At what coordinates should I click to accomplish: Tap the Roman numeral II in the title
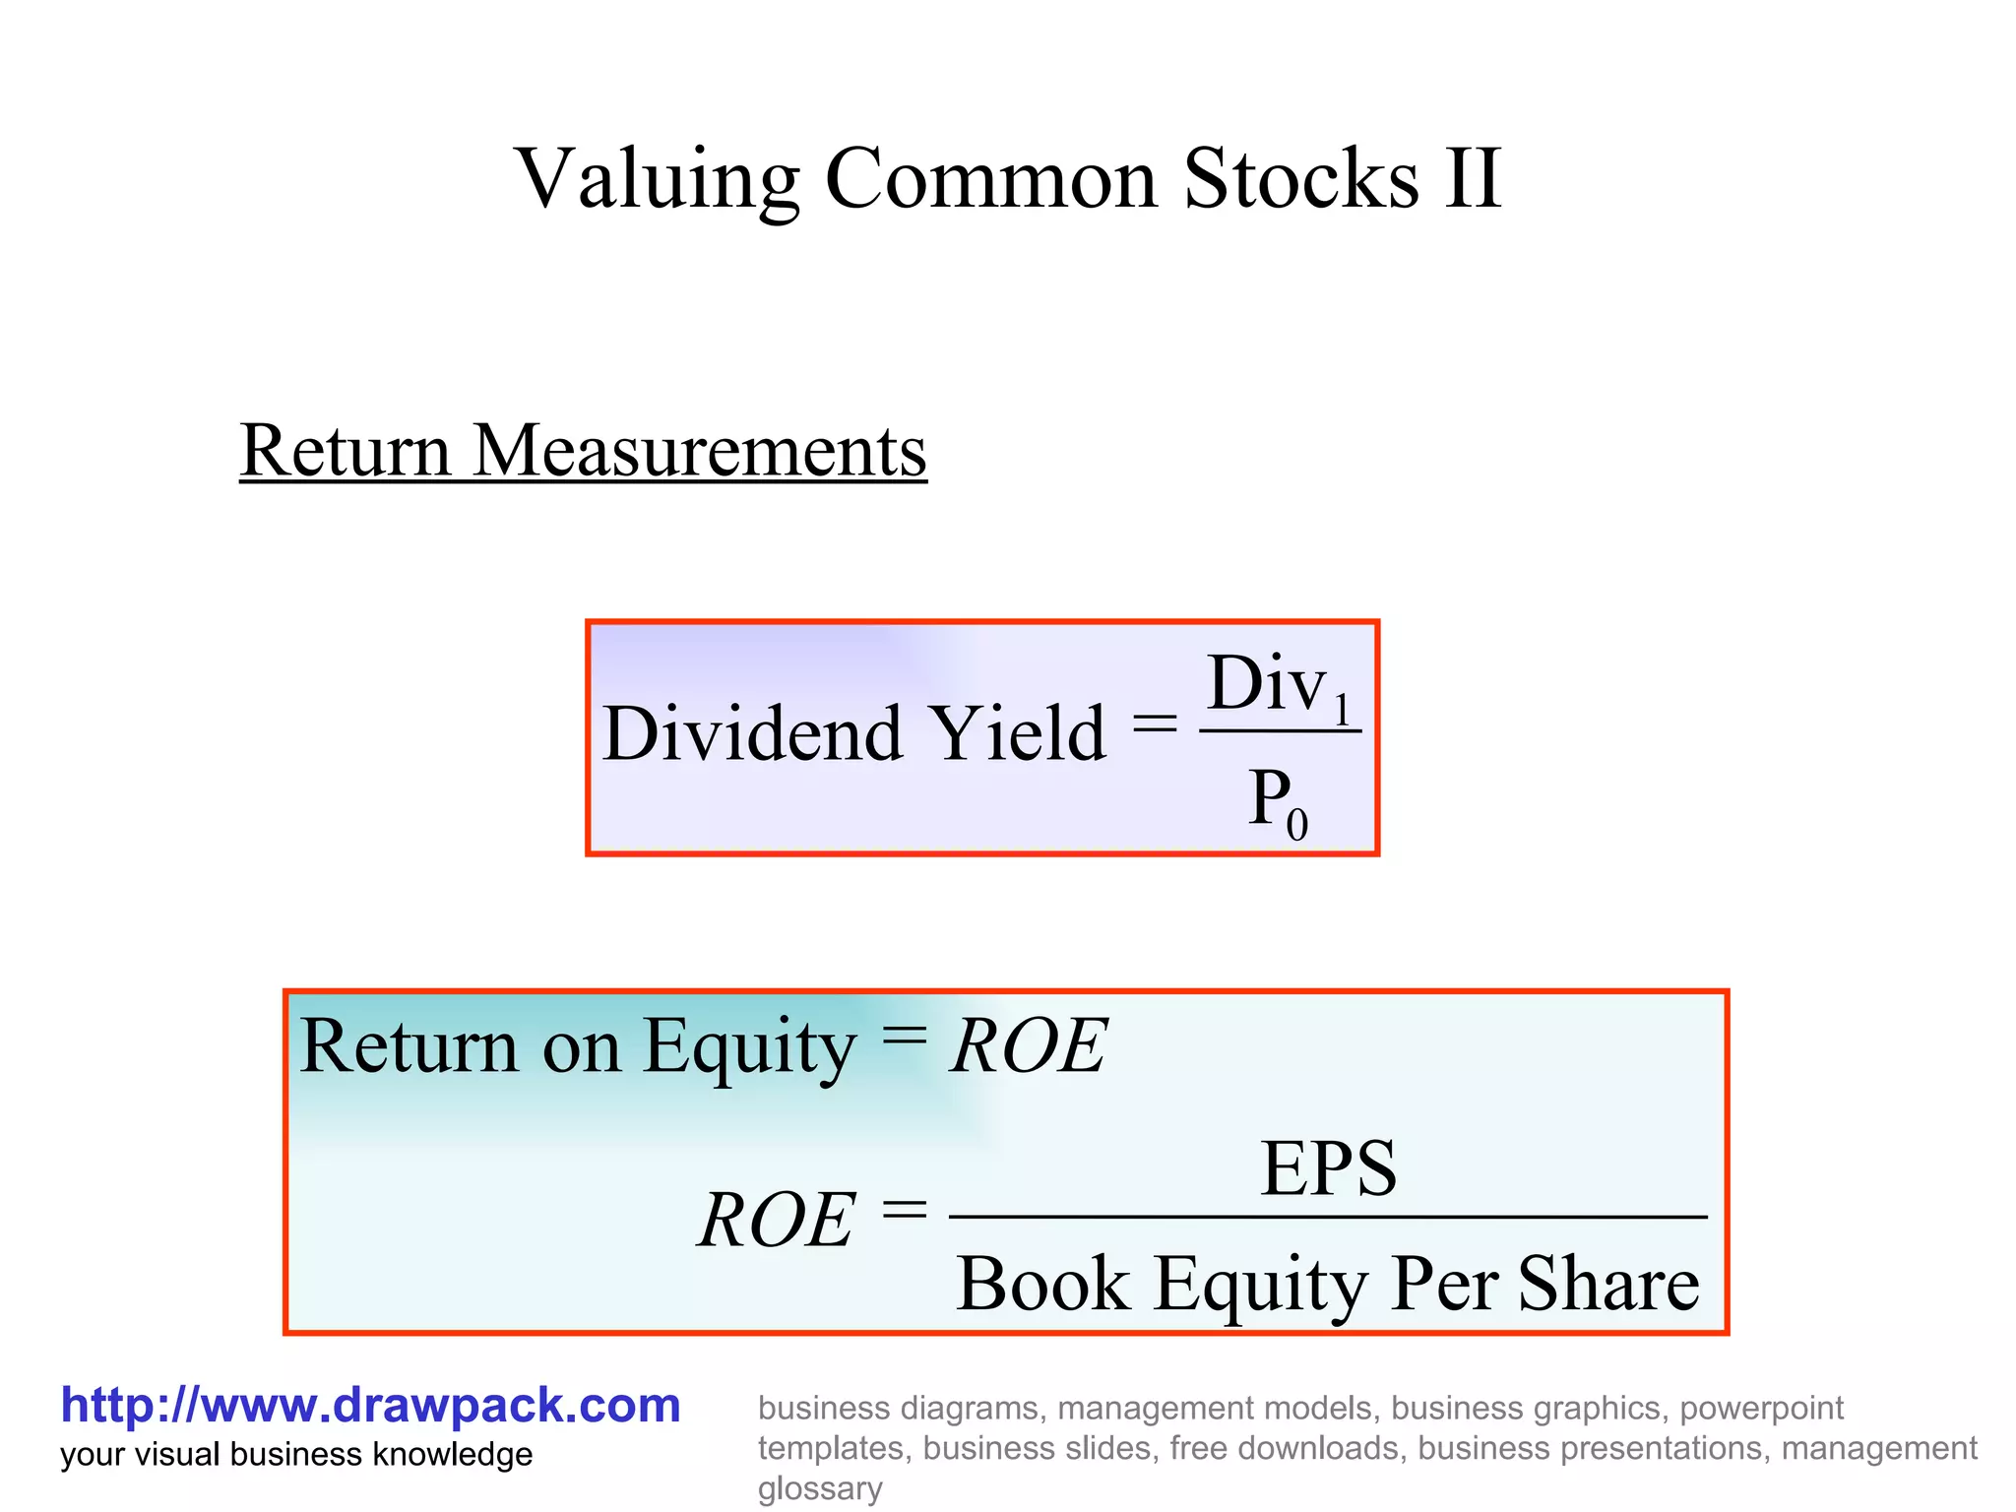point(1473,179)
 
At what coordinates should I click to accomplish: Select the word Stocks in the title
point(1301,179)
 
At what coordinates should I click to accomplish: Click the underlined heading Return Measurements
point(583,451)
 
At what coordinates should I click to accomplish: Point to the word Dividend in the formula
point(752,733)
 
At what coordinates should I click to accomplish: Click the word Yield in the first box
point(1018,733)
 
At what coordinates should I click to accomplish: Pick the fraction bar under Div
point(1280,731)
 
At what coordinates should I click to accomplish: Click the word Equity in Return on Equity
point(749,1046)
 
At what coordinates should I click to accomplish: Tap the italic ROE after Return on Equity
point(1030,1046)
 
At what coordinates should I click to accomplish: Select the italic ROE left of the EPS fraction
point(777,1221)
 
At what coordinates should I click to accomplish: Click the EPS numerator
point(1328,1168)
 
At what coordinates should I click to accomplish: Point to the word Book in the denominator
point(1043,1284)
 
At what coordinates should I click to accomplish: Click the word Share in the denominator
point(1608,1284)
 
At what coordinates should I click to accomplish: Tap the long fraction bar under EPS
point(1328,1218)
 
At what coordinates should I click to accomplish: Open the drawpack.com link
point(370,1406)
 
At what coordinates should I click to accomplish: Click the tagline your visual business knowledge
point(296,1455)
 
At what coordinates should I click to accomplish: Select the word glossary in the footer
point(819,1488)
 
